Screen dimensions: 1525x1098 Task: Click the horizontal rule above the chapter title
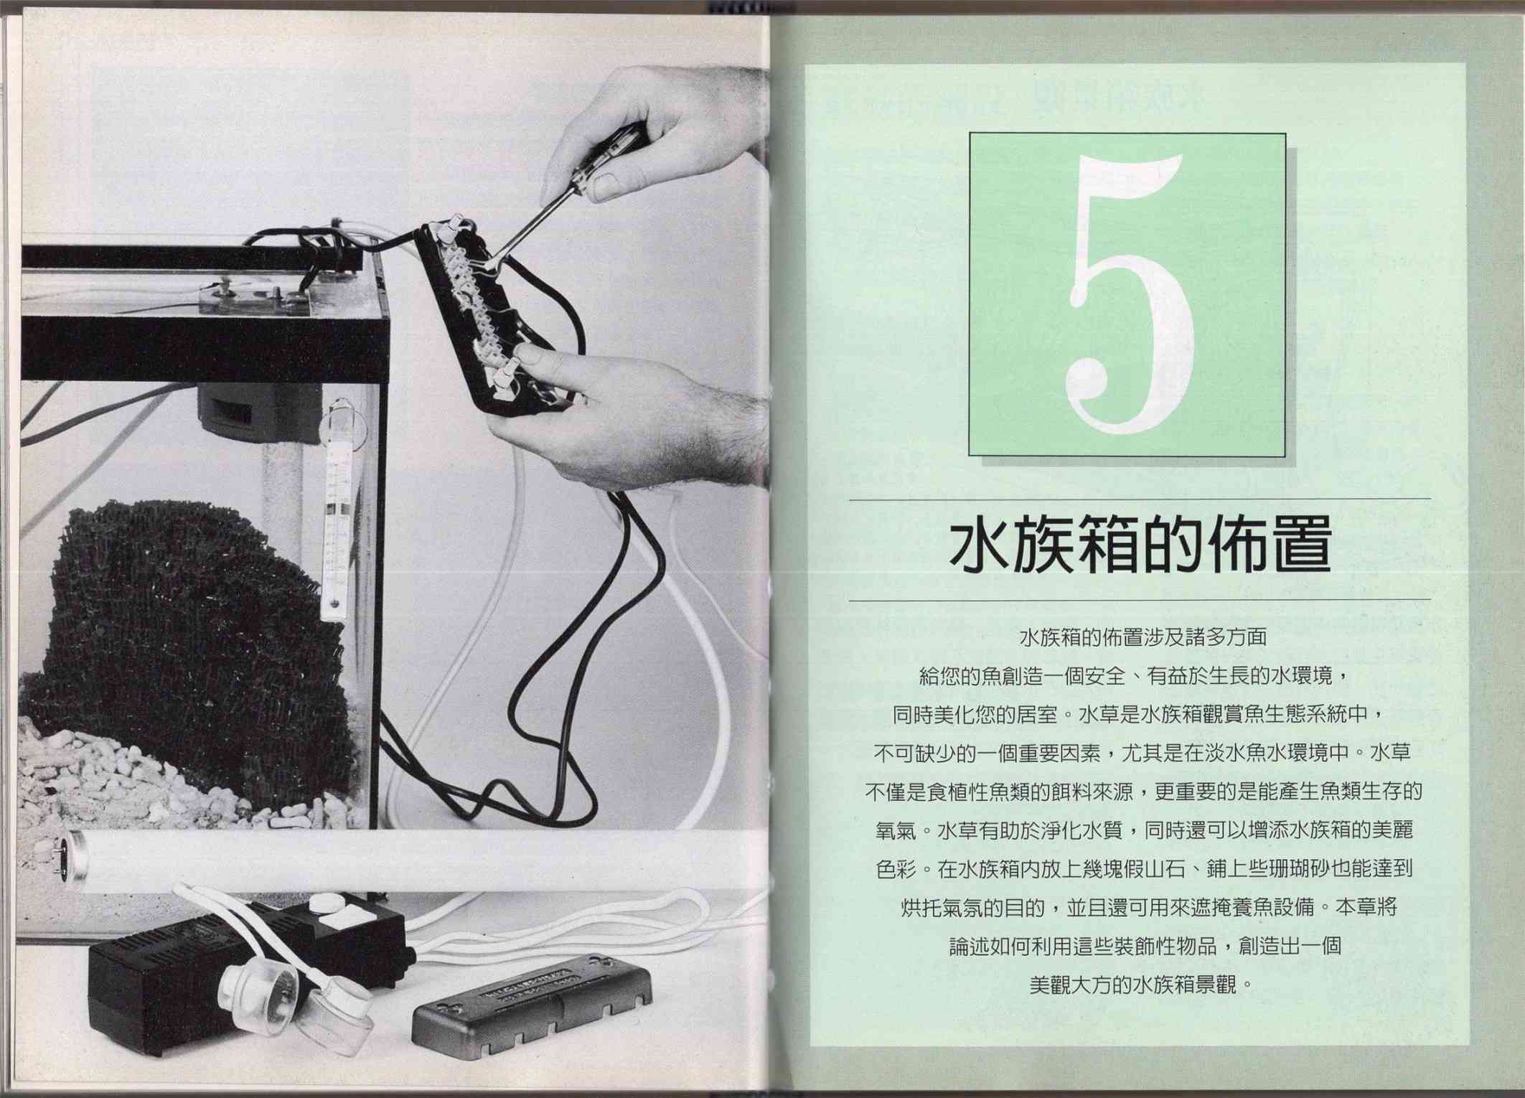tap(1140, 498)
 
